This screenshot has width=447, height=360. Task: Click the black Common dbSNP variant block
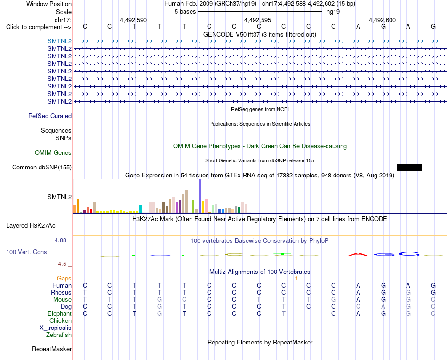tap(409, 168)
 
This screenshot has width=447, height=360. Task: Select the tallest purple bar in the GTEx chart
tap(200, 196)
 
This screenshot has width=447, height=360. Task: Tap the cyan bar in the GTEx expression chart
tap(140, 208)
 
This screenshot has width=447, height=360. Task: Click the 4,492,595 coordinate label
tap(257, 20)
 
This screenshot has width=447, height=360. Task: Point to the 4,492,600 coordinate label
tap(382, 20)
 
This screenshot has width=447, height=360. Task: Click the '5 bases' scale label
tap(185, 12)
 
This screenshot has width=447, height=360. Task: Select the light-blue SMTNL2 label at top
tap(59, 41)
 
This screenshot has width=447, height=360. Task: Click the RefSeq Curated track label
tap(50, 116)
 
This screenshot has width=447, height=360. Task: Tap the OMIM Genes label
tap(53, 153)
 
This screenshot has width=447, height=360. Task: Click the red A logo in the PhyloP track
tap(358, 254)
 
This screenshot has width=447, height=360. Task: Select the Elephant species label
tap(59, 313)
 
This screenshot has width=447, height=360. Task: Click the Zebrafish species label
tap(59, 335)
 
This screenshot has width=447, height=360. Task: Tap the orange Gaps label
tap(64, 278)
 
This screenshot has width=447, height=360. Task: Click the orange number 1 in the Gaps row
tap(296, 278)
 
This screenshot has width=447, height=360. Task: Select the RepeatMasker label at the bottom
tap(52, 349)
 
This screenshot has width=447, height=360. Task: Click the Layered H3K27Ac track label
tap(31, 226)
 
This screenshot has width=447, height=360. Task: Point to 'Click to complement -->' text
tap(39, 27)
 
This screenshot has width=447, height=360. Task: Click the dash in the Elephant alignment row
tap(309, 314)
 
